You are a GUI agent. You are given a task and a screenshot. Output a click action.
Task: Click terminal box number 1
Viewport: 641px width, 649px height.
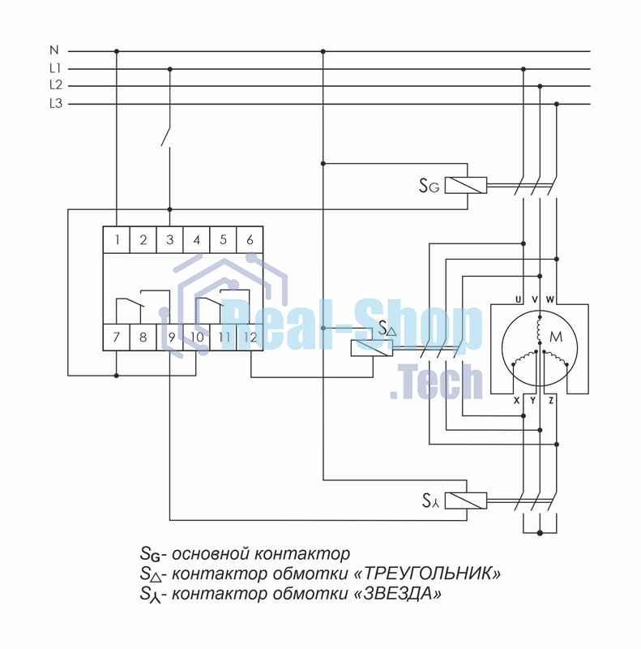click(117, 239)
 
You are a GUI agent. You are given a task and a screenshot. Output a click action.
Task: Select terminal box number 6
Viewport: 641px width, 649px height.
click(250, 239)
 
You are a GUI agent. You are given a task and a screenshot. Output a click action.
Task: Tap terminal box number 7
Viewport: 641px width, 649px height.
click(117, 337)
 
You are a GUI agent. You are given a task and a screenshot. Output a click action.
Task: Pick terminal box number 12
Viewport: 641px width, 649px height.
click(250, 337)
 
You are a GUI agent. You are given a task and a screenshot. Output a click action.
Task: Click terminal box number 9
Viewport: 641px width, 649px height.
click(169, 337)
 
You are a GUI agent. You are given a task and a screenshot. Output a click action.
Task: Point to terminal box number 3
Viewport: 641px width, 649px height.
click(169, 239)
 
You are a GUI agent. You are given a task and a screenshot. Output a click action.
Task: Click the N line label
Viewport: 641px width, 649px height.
click(54, 50)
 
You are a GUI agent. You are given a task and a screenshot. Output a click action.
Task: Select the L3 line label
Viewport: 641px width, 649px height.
click(55, 103)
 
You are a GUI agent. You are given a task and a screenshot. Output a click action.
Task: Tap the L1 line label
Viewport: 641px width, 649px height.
click(55, 68)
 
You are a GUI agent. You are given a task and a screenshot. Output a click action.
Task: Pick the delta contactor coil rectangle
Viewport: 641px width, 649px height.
click(372, 348)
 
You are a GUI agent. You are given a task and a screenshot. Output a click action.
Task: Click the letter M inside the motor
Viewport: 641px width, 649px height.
click(557, 337)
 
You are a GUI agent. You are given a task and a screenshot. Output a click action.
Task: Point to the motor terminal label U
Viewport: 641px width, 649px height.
click(518, 299)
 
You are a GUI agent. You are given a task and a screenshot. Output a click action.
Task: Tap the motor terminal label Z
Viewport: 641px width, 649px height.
click(551, 400)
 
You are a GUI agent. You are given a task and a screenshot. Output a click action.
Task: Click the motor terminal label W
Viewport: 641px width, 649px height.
click(550, 299)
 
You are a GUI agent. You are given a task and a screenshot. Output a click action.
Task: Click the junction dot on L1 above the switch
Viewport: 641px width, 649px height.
click(169, 69)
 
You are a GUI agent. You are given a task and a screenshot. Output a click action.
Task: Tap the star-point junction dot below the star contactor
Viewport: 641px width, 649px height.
click(540, 533)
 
